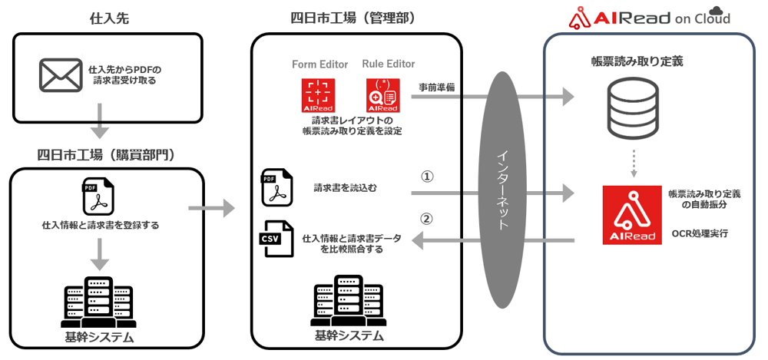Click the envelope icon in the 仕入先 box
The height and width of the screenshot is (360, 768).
click(61, 74)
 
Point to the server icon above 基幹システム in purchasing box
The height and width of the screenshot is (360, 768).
click(99, 304)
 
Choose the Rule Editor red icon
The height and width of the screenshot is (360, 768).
click(382, 95)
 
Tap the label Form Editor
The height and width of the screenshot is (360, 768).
click(320, 64)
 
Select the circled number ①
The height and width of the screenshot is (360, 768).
click(428, 176)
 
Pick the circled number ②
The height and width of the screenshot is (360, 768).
click(428, 218)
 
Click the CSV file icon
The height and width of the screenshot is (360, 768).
click(277, 239)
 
